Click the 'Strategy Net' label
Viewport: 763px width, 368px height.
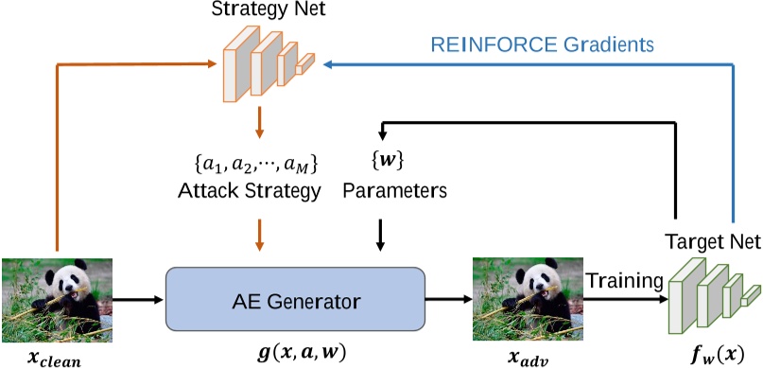(x=256, y=12)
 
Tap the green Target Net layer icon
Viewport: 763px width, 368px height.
(x=712, y=292)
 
